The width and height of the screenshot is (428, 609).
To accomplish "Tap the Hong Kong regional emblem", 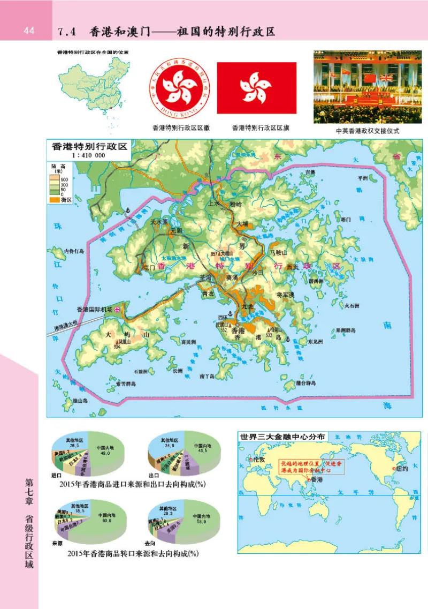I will coord(180,88).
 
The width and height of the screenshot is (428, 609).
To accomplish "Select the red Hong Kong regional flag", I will coord(256,88).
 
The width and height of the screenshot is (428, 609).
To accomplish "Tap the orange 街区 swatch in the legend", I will coord(57,199).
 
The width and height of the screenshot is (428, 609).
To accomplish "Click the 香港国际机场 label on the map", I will coord(95,309).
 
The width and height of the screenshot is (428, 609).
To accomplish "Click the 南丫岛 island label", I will coord(207,377).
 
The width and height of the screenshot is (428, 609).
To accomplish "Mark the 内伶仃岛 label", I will coord(74,250).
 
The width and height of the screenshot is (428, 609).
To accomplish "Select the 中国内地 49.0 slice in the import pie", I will coord(101,451).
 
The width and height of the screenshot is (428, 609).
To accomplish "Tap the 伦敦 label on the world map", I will coord(259,460).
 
